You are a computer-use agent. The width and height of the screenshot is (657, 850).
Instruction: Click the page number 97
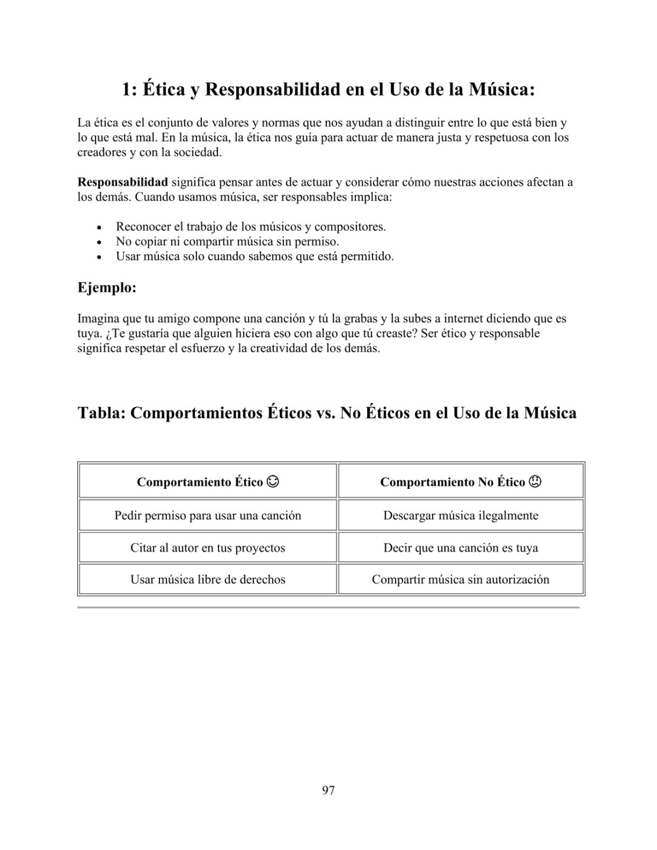pyautogui.click(x=328, y=790)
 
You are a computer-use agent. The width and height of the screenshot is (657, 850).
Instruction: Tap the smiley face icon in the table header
pyautogui.click(x=273, y=482)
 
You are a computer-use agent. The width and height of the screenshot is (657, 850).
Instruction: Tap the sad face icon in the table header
pyautogui.click(x=535, y=482)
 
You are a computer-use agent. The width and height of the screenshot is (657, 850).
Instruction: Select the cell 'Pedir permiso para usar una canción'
pyautogui.click(x=208, y=515)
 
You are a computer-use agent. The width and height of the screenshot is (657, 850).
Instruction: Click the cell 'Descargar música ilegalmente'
pyautogui.click(x=460, y=515)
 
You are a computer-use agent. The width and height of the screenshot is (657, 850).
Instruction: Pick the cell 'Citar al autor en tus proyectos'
pyautogui.click(x=208, y=548)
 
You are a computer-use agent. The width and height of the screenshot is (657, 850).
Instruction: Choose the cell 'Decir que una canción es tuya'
pyautogui.click(x=460, y=548)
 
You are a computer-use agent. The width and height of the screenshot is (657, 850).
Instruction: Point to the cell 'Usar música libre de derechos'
pyautogui.click(x=208, y=580)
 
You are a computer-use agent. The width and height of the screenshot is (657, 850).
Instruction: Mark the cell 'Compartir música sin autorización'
pyautogui.click(x=460, y=580)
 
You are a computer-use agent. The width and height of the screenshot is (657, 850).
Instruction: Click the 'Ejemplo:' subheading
pyautogui.click(x=107, y=288)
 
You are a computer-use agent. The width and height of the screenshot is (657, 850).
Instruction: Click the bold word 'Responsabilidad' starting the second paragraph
pyautogui.click(x=123, y=182)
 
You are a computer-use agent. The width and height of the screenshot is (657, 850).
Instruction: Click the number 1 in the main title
pyautogui.click(x=126, y=90)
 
